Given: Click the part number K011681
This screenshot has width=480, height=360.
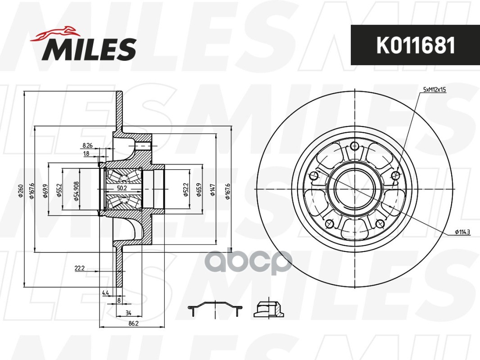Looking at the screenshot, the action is click(x=416, y=45).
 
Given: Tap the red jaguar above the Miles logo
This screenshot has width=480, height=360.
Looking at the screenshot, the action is click(x=54, y=34).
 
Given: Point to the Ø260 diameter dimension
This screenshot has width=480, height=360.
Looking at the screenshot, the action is click(x=21, y=190).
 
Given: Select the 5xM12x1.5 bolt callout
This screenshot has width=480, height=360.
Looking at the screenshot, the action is click(x=435, y=90).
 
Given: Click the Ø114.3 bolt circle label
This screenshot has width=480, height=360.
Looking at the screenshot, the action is click(x=462, y=232).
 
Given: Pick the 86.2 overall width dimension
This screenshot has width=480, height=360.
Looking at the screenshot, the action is click(x=133, y=323).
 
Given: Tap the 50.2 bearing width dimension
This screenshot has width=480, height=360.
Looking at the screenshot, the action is click(x=122, y=189).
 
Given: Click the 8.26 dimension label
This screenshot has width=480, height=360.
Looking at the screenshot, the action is click(x=87, y=146).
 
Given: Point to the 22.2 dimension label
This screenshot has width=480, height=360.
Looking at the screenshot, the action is click(x=79, y=268).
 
